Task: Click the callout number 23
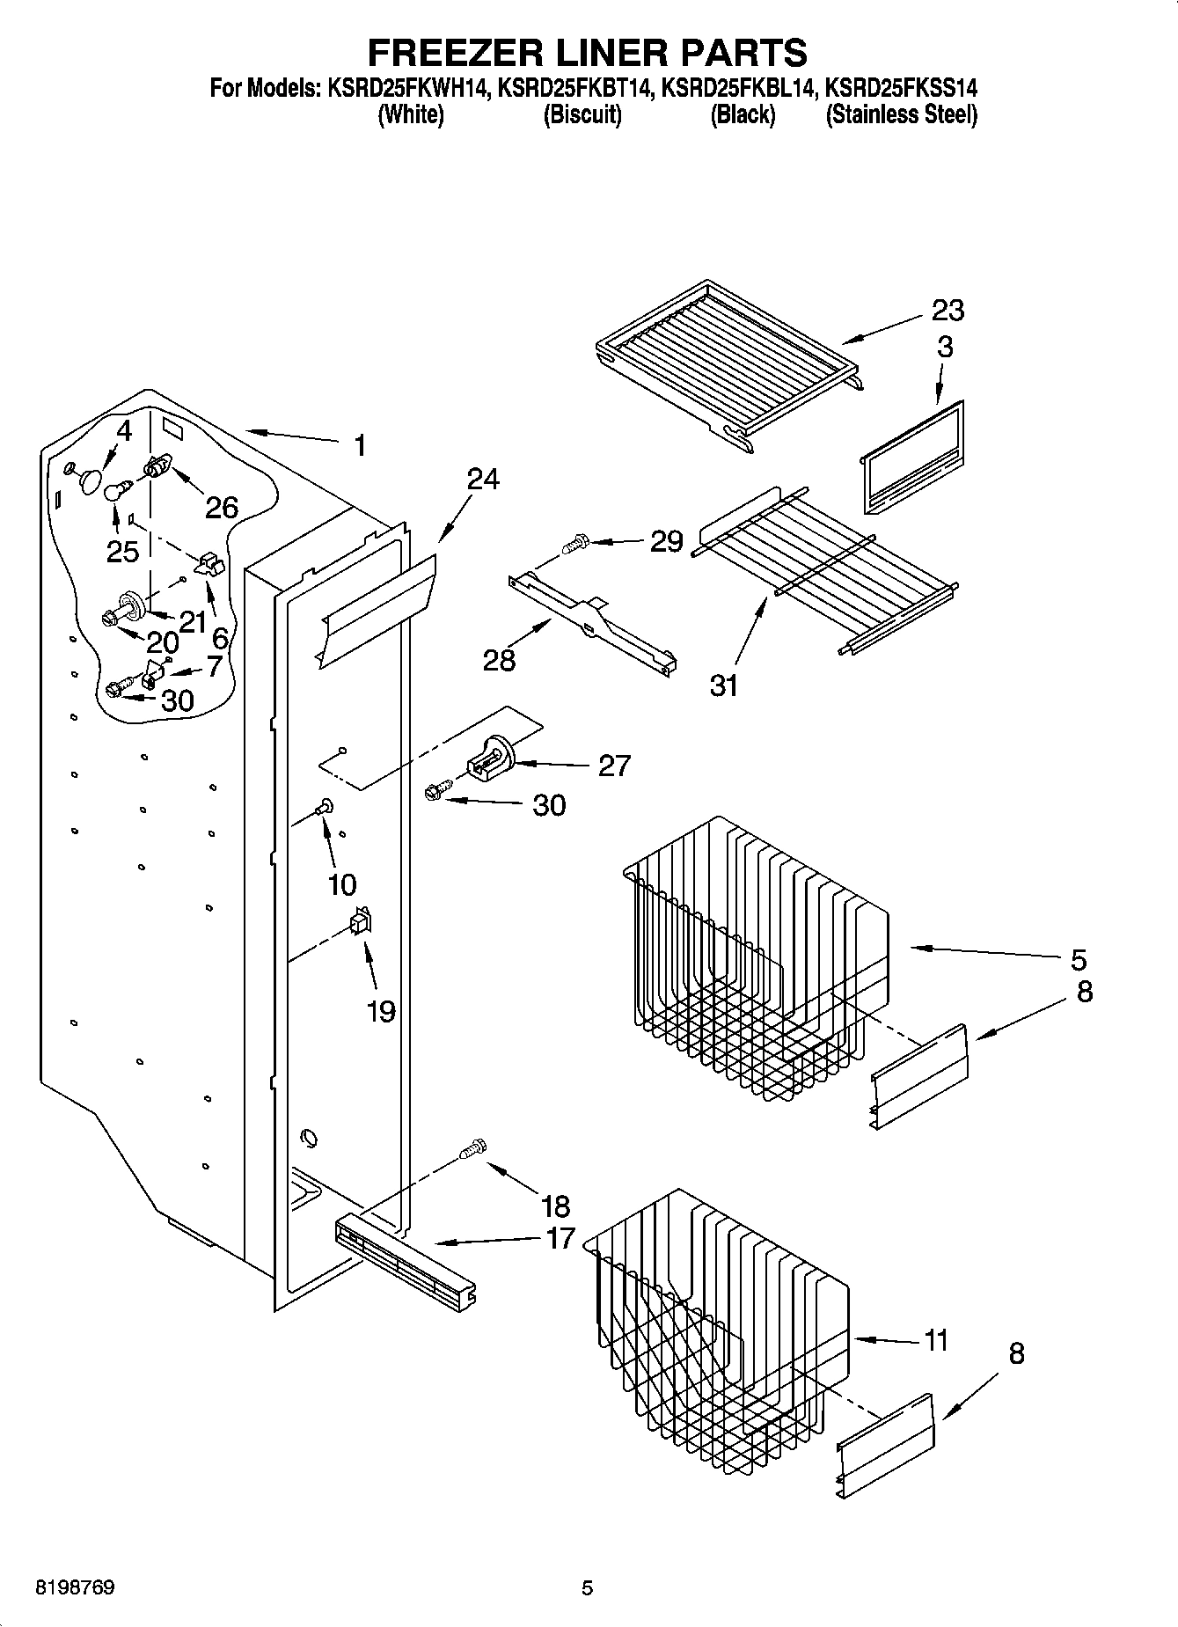tap(948, 311)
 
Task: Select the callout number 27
tap(614, 766)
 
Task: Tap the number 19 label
tap(380, 1012)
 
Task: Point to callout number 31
tap(724, 685)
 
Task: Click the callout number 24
tap(482, 480)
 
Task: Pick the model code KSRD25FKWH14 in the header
tap(408, 88)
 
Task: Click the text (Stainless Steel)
tap(901, 114)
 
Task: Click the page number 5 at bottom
tap(587, 1588)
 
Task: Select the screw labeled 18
tap(473, 1149)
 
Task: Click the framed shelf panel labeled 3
tap(911, 458)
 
